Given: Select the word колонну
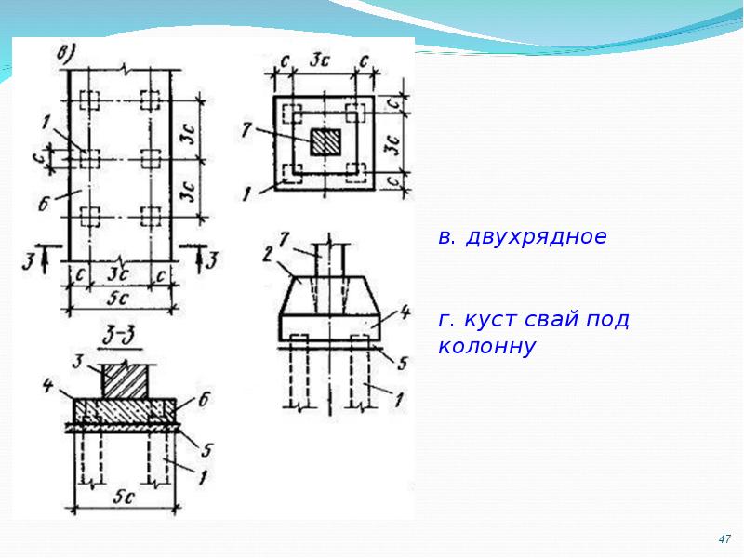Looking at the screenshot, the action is (487, 348).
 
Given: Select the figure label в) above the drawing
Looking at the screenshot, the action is (67, 52).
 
